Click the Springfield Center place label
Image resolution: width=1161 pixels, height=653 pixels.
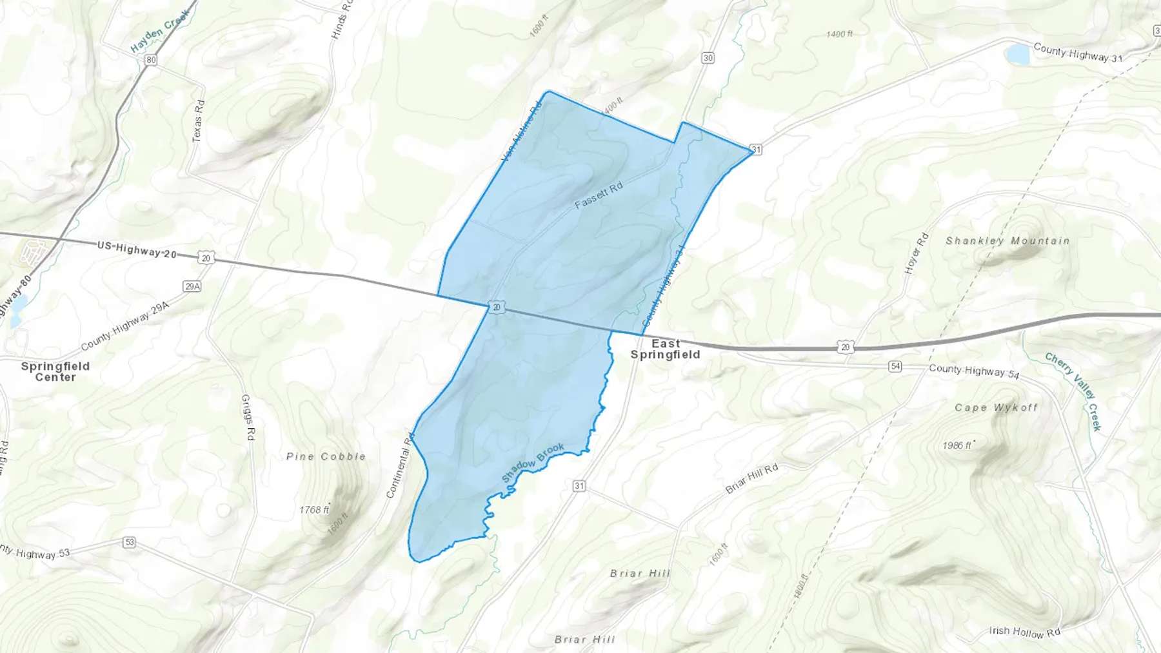pos(55,371)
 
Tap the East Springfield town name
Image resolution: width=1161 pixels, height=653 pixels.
pos(665,349)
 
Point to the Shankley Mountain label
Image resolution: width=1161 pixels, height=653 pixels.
pos(1007,241)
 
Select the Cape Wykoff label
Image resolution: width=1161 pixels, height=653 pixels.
pos(996,407)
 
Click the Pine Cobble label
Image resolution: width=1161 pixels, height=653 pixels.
pos(326,456)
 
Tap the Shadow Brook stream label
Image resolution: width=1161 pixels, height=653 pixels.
pos(533,463)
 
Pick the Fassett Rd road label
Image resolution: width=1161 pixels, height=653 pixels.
pos(599,195)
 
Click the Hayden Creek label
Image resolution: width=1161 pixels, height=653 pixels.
pos(160,31)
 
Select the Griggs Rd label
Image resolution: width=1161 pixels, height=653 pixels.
pos(248,418)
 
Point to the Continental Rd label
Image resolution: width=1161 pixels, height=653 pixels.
pos(399,465)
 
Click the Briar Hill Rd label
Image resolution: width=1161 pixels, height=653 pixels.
pos(751,479)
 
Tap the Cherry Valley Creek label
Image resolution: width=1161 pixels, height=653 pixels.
pos(1074,391)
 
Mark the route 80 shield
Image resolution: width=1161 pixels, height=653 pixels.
pos(151,60)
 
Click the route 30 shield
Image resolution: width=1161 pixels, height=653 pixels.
pos(708,58)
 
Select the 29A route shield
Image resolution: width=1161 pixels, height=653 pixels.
pos(192,286)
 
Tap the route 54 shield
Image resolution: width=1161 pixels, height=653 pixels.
pos(895,366)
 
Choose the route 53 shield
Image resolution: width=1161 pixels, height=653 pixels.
pos(130,542)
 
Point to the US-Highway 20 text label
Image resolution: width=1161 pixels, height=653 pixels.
pos(137,249)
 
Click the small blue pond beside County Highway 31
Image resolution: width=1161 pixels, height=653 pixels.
pos(1018,55)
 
